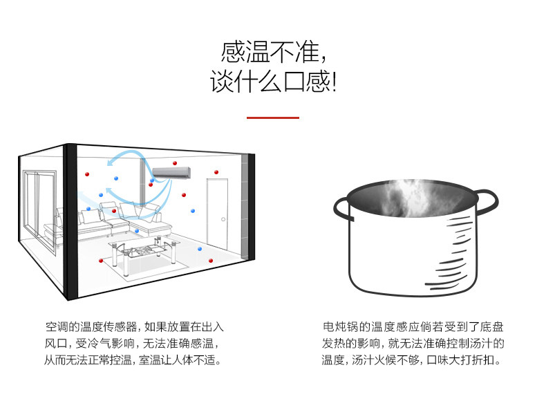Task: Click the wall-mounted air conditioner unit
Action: point(169,171)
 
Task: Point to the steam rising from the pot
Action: point(408,197)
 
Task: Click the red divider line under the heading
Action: point(273,118)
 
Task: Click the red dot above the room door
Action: point(216,172)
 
